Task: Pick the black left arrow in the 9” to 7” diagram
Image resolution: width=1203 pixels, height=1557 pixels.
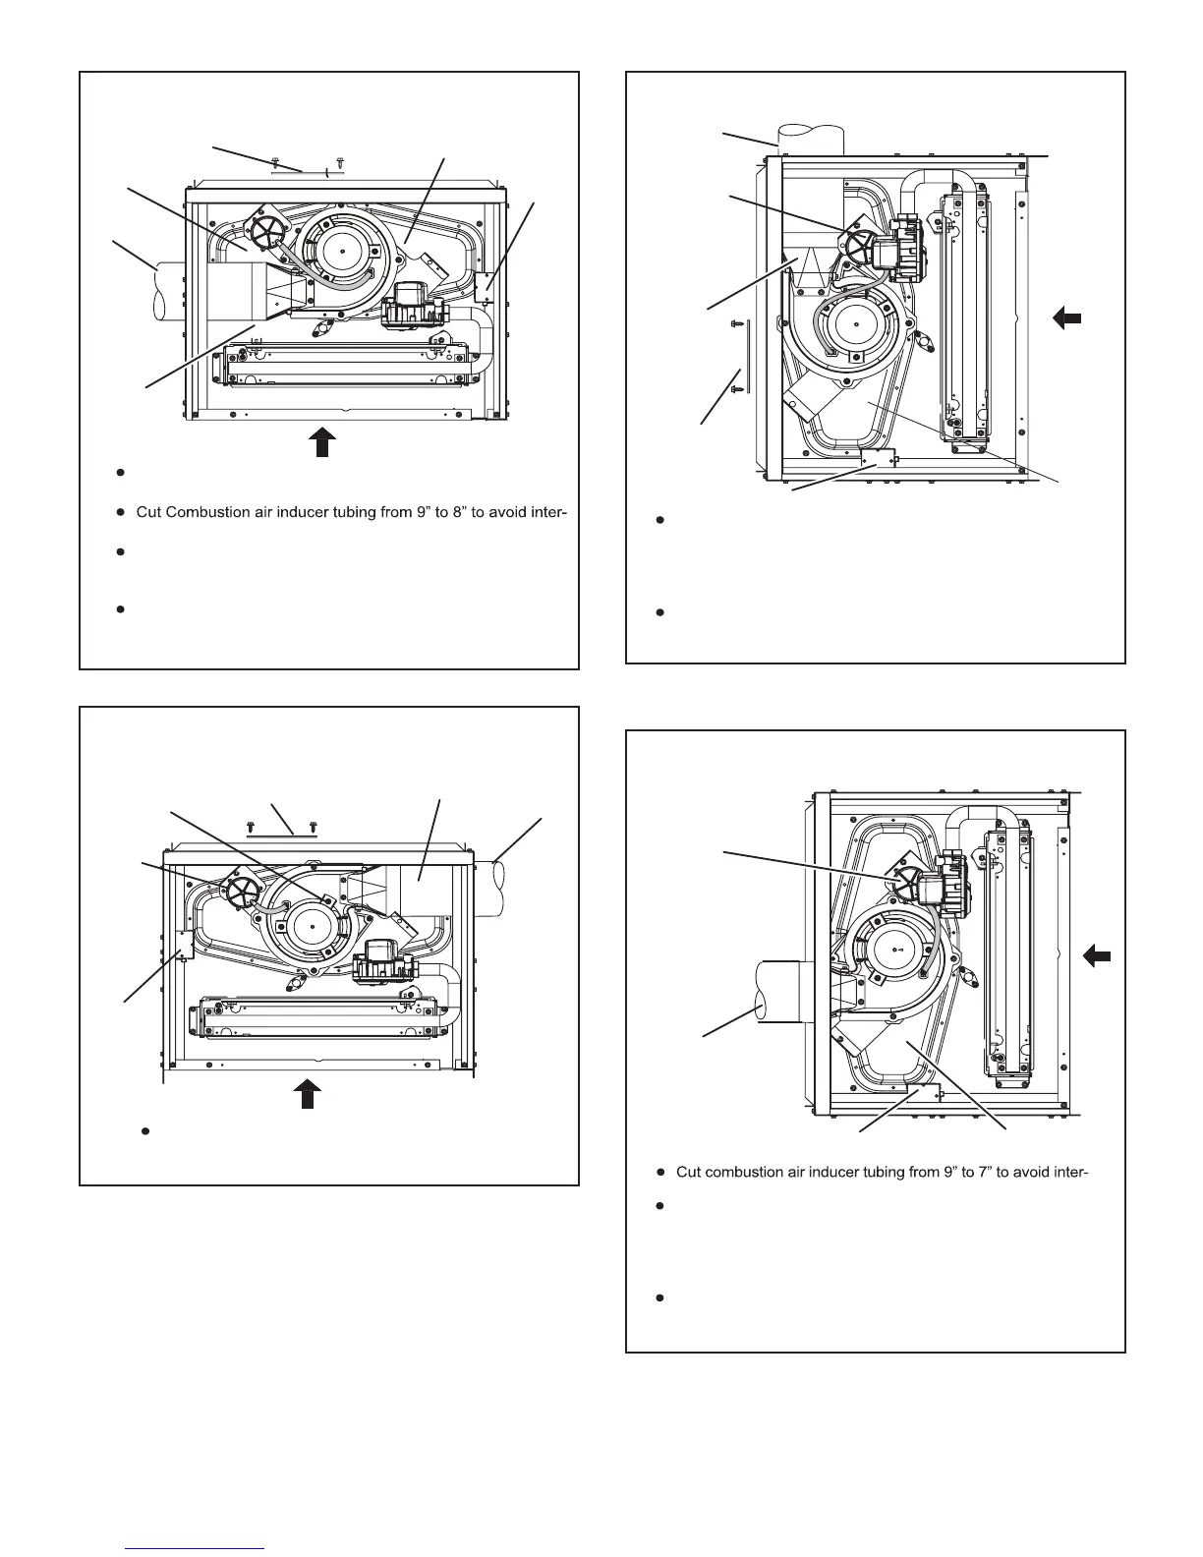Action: [1097, 954]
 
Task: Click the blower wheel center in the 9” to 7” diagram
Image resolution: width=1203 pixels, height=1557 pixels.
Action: [898, 951]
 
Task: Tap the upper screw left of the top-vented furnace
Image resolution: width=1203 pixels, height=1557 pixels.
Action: [736, 322]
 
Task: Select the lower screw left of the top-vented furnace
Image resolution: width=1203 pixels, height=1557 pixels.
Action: [736, 389]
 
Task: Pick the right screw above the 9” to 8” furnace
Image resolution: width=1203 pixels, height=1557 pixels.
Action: [339, 159]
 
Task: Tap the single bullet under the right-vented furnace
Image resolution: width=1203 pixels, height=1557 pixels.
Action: [144, 1130]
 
